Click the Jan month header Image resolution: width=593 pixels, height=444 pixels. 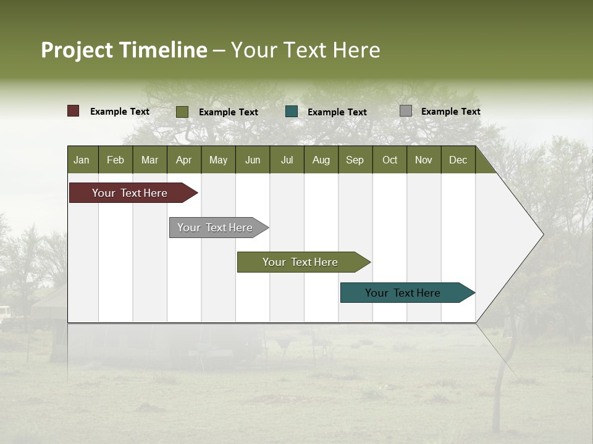tap(82, 160)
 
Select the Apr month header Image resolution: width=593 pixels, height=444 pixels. tap(183, 160)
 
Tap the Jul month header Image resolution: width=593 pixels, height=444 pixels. tap(287, 160)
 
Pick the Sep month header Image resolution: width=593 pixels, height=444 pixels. tap(355, 160)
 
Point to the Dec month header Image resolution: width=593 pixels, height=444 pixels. tap(458, 160)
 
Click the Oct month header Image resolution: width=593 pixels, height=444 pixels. tap(390, 160)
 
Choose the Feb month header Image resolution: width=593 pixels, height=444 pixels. tap(116, 160)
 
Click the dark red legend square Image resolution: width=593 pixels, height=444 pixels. tap(73, 111)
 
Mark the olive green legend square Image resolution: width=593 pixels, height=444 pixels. tap(182, 112)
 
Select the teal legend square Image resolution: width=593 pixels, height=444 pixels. tap(292, 112)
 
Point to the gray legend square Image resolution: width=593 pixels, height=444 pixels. tap(406, 111)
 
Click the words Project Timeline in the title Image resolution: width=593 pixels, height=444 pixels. tap(124, 50)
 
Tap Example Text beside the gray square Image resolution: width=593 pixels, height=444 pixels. tap(450, 112)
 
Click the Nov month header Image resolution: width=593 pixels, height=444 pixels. tap(423, 160)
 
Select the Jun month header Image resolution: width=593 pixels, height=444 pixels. tap(253, 160)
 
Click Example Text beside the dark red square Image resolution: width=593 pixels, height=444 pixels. tap(119, 112)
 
